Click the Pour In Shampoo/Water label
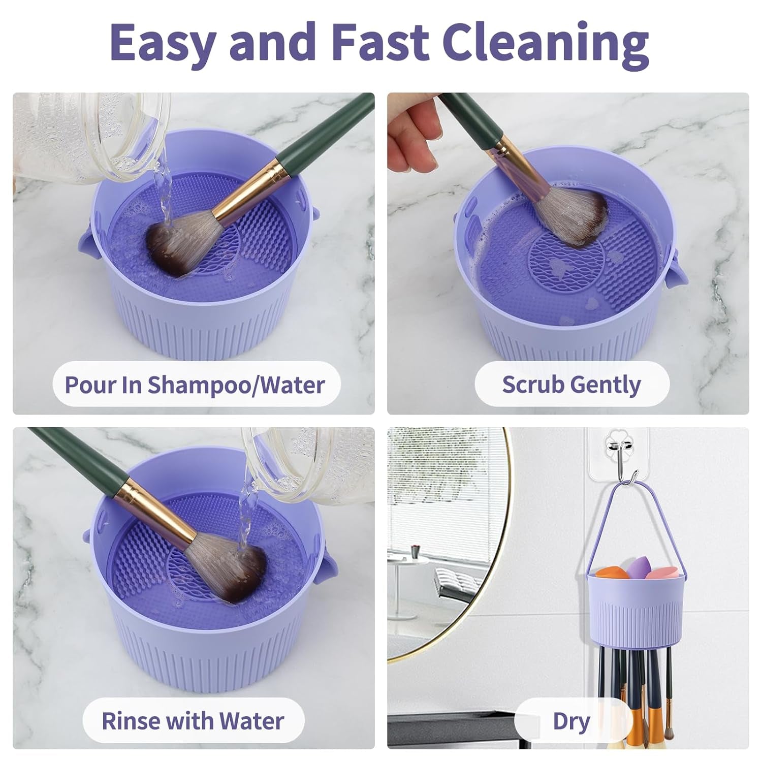click(195, 385)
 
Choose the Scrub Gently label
click(571, 385)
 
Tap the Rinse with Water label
click(193, 720)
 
